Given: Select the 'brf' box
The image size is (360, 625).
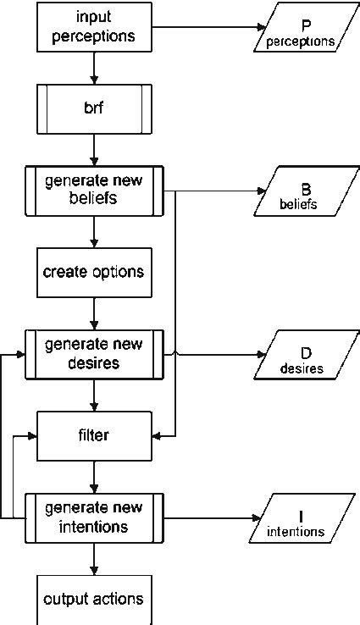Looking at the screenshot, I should [x=94, y=110].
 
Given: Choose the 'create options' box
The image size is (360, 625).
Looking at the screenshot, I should [x=94, y=273].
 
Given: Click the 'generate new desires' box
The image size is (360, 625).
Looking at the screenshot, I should [x=94, y=355].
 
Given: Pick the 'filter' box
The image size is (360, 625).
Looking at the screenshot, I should [x=94, y=436].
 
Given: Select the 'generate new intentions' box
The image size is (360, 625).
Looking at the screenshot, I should [x=94, y=517].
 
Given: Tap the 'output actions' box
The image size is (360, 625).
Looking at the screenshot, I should [x=94, y=599].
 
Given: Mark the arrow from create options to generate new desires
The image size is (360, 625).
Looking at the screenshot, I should [x=94, y=314].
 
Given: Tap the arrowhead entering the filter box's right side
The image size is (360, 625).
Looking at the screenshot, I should [x=158, y=436].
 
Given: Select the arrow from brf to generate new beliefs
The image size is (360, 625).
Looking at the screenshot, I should [x=94, y=151].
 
